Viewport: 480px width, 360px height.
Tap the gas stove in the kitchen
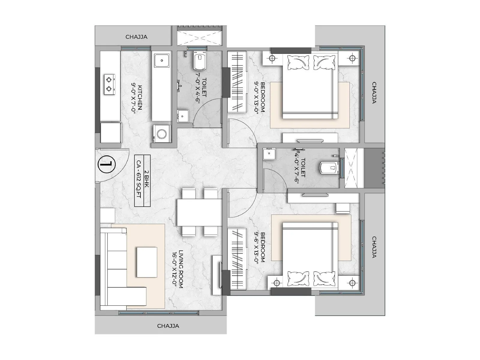110,84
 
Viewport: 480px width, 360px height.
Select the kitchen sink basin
162,60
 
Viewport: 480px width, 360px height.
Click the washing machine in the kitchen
162,133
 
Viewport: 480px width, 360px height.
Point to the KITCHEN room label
137,98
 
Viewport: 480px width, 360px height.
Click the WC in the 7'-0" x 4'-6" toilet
200,61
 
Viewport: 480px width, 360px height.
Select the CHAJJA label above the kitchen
136,37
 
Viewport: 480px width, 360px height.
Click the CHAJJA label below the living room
168,326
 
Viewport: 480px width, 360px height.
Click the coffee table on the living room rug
147,262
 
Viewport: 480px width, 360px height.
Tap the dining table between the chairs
199,212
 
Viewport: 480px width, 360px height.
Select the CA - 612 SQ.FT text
139,181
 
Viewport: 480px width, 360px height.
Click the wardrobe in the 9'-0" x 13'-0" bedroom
237,82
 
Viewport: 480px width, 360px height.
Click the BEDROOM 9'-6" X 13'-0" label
260,247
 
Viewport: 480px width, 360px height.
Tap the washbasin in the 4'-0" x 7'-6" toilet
268,154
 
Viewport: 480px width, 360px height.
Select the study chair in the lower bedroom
342,208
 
